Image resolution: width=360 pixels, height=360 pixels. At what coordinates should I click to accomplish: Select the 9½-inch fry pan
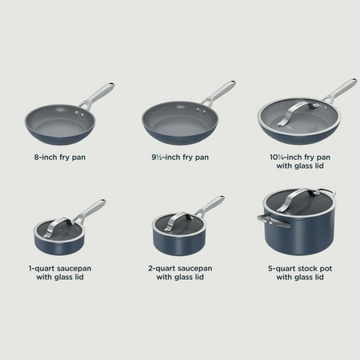coord(170,121)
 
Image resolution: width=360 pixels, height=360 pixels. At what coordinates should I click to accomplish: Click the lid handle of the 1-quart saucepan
coord(61,219)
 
